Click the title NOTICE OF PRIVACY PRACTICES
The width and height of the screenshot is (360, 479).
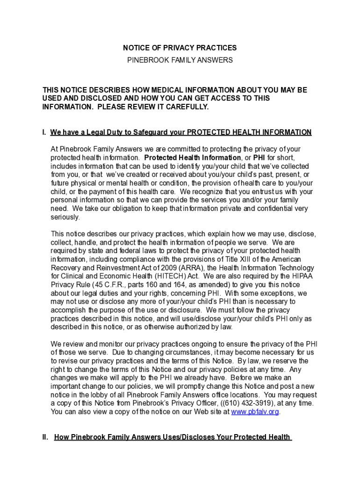click(x=180, y=48)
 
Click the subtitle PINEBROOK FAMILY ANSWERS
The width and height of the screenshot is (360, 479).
click(x=180, y=60)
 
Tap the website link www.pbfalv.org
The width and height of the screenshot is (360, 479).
click(x=255, y=412)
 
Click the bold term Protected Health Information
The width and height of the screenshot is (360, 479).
click(x=193, y=158)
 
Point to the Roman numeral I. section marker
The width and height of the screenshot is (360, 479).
click(x=44, y=132)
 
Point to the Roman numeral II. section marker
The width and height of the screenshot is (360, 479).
click(x=45, y=437)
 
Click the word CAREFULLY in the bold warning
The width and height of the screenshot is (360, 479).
click(x=184, y=107)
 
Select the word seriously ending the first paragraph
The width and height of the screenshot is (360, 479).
click(x=65, y=217)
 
